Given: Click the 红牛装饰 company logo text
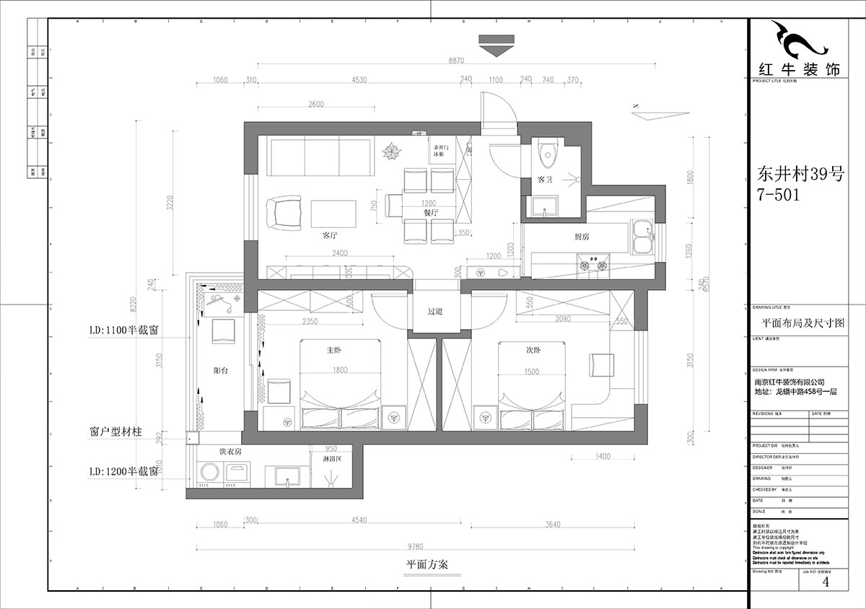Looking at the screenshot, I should pos(798,70).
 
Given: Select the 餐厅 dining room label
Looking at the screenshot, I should pos(432,214).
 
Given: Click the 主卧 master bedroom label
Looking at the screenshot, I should pos(333,351).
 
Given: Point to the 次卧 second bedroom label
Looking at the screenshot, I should pos(533,351).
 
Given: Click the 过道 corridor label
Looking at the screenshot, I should pos(435,312).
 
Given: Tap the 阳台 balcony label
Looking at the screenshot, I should pos(222,370).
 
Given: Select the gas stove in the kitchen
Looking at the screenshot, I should pos(592,263).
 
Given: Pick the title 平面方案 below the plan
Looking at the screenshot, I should pos(427,565).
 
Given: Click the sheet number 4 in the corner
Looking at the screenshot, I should pos(826,582).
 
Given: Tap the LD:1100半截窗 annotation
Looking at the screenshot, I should pos(124,329).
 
